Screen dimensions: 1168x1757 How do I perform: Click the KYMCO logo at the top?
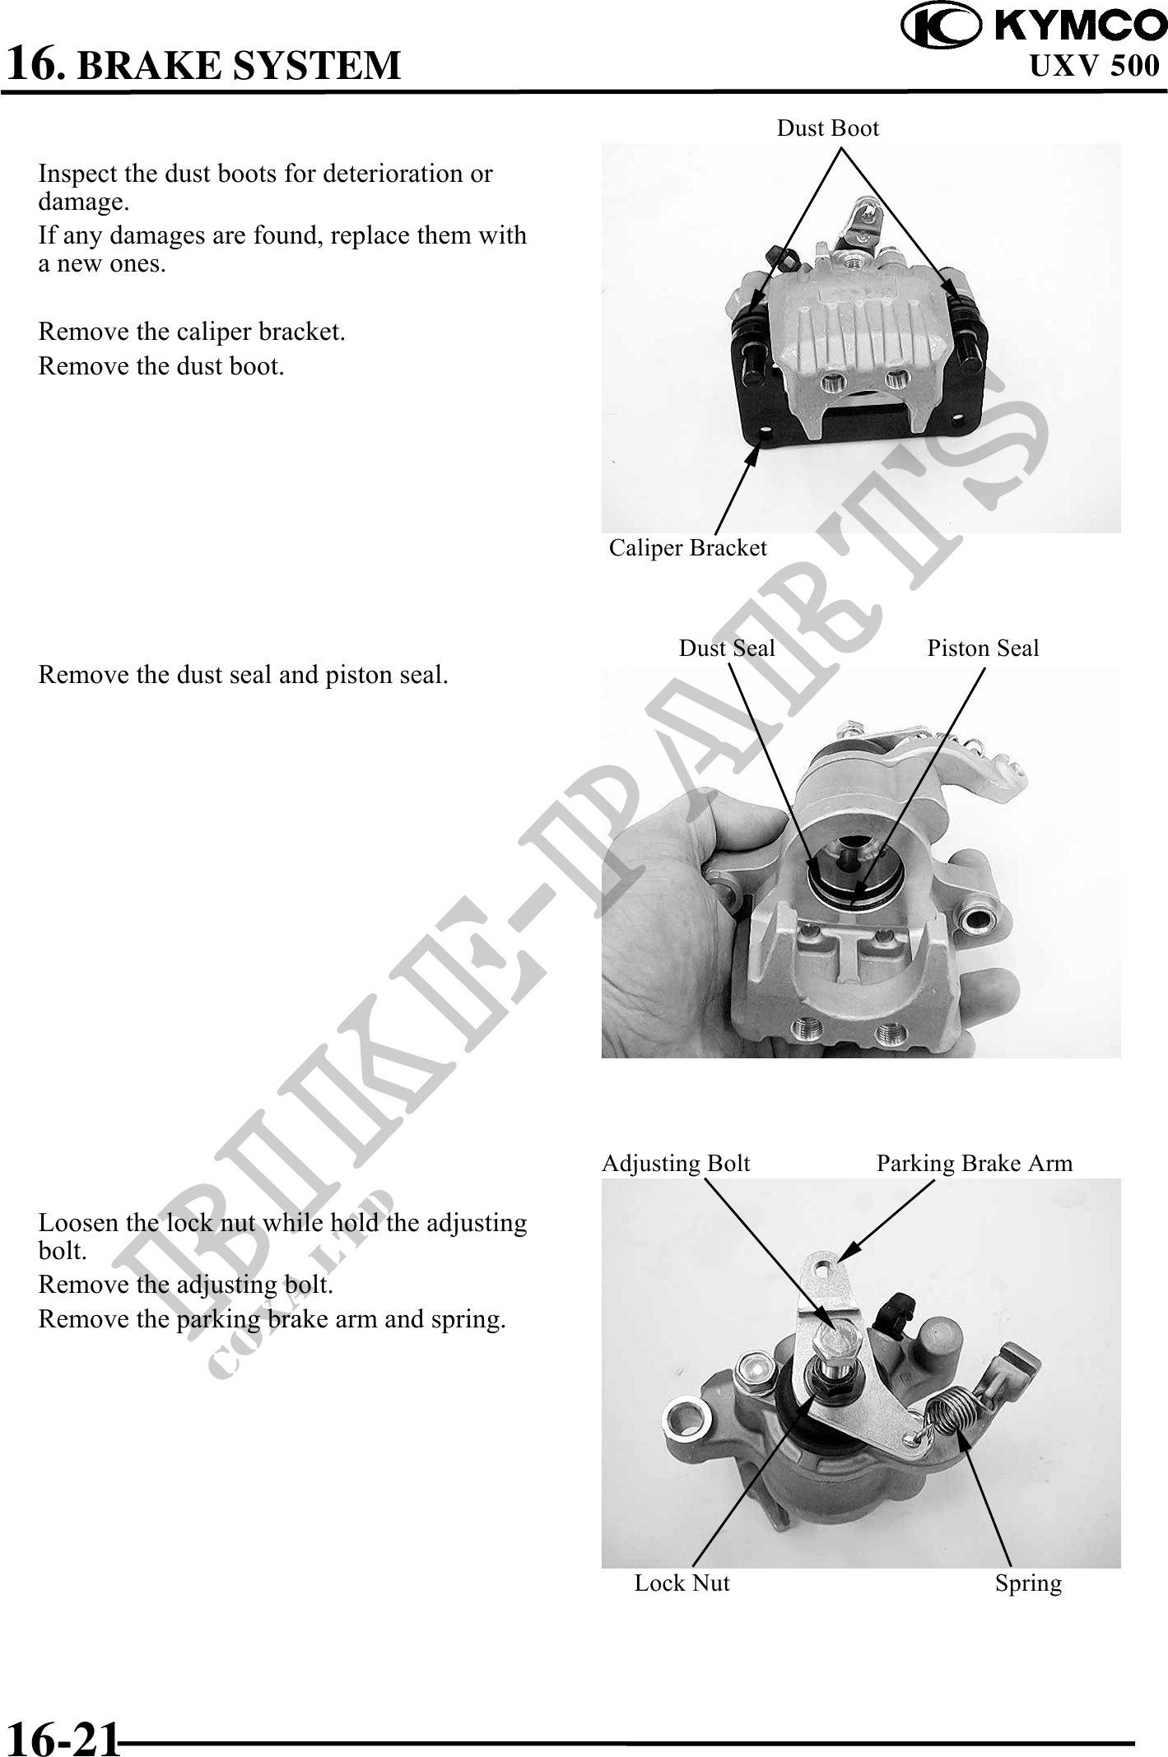pyautogui.click(x=1034, y=26)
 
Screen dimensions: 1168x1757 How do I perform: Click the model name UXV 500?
pyautogui.click(x=1095, y=66)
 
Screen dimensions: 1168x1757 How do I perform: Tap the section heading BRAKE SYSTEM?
pyautogui.click(x=239, y=66)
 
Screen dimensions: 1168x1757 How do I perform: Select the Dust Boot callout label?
pyautogui.click(x=828, y=128)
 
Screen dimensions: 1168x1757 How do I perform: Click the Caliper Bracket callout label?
pyautogui.click(x=687, y=548)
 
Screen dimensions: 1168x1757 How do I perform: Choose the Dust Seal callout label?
pyautogui.click(x=727, y=648)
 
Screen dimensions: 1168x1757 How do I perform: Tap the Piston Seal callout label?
pyautogui.click(x=983, y=648)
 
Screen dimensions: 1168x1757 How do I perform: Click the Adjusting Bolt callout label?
pyautogui.click(x=676, y=1164)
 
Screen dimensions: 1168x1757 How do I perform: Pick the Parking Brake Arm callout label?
pyautogui.click(x=975, y=1164)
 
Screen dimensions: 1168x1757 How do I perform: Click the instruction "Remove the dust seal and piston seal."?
pyautogui.click(x=244, y=676)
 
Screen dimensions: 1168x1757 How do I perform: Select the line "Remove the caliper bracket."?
pyautogui.click(x=192, y=332)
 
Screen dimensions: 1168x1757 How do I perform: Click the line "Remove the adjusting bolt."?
pyautogui.click(x=186, y=1285)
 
